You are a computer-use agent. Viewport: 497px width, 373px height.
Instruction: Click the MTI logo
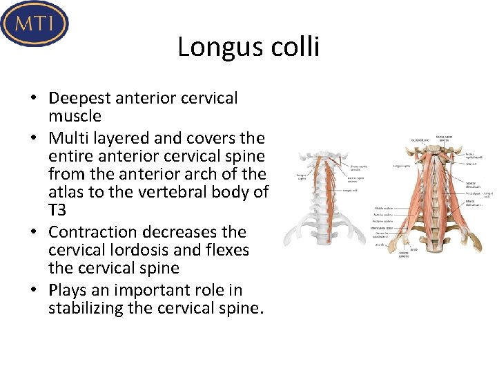pyautogui.click(x=35, y=23)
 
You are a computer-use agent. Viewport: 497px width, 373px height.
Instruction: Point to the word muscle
pyautogui.click(x=75, y=116)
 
